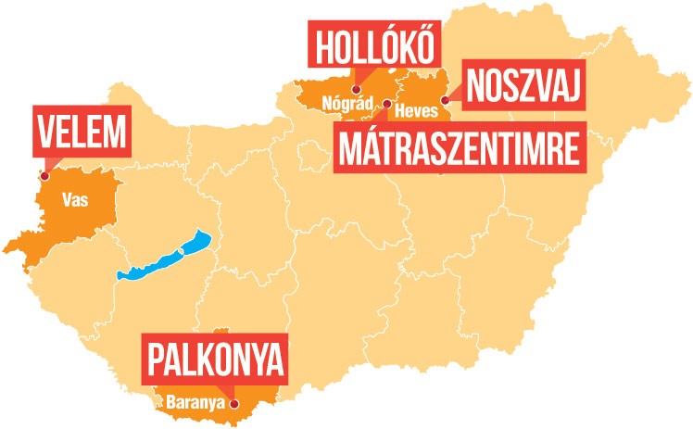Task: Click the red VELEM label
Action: (79, 132)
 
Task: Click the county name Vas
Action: (75, 198)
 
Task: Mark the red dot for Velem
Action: (42, 172)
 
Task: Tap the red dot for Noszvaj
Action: (444, 100)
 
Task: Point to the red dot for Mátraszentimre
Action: (385, 105)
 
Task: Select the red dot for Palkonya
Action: (233, 404)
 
